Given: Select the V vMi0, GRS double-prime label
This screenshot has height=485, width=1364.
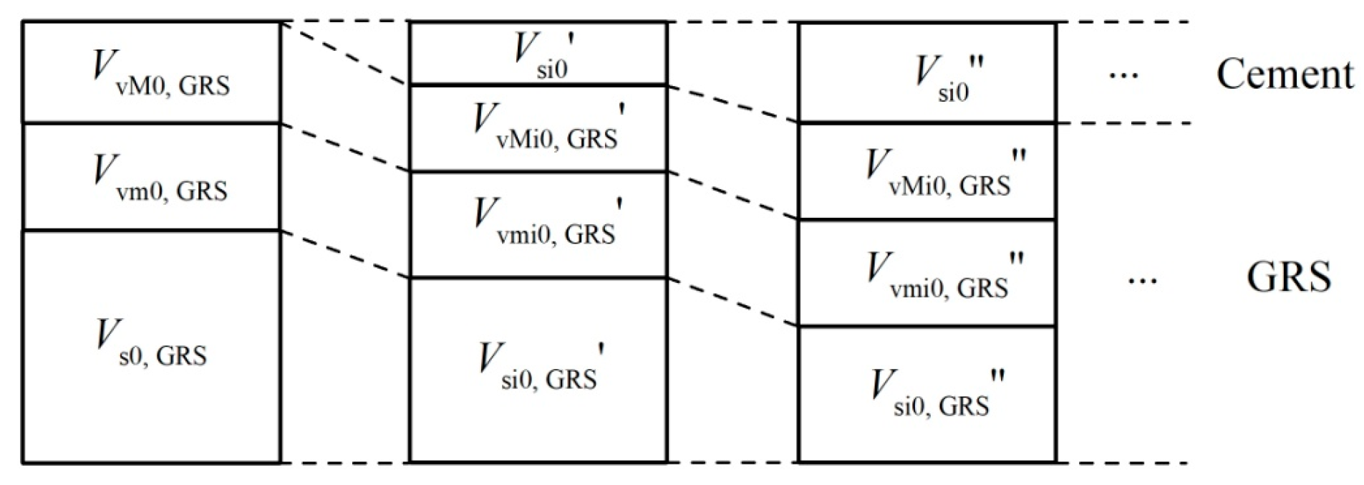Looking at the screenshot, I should pos(945,173).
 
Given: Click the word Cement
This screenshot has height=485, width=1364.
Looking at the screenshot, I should pos(1285,75).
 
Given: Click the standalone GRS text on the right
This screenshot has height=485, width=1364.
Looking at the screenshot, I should pos(1288,277).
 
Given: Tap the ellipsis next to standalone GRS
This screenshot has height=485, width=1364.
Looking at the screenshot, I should pos(1141,280).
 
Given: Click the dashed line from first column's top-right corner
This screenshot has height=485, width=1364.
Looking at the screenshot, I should pos(344,54).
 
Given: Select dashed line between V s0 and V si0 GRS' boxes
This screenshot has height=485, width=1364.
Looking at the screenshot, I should pos(344,254).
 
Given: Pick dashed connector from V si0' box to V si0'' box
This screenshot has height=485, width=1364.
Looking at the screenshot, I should pos(732,104).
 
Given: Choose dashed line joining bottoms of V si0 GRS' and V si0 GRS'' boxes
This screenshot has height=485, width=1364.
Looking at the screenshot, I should pos(732,464).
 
